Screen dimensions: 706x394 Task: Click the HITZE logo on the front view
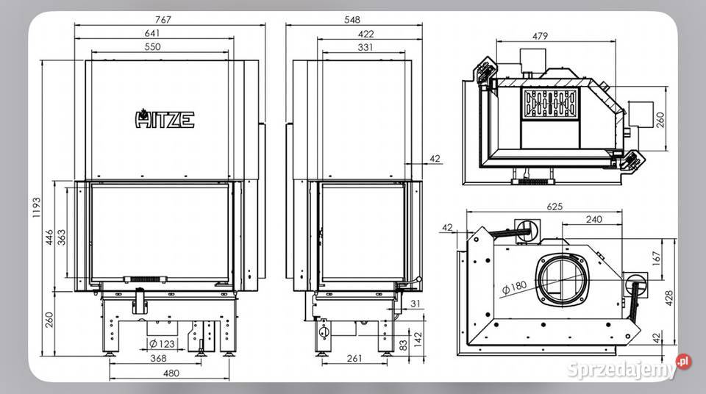click(165, 119)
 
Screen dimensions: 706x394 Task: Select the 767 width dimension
click(163, 19)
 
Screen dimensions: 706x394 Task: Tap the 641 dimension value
click(152, 33)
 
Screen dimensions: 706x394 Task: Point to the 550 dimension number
click(153, 46)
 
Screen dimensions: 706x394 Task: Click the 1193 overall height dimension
click(37, 207)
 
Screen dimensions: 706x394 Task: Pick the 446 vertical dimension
click(49, 237)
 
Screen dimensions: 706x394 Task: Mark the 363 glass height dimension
click(62, 237)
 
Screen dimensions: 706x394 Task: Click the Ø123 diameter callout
click(162, 344)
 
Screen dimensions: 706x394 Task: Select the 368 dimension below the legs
click(158, 358)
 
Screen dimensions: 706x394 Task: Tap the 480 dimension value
click(171, 373)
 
